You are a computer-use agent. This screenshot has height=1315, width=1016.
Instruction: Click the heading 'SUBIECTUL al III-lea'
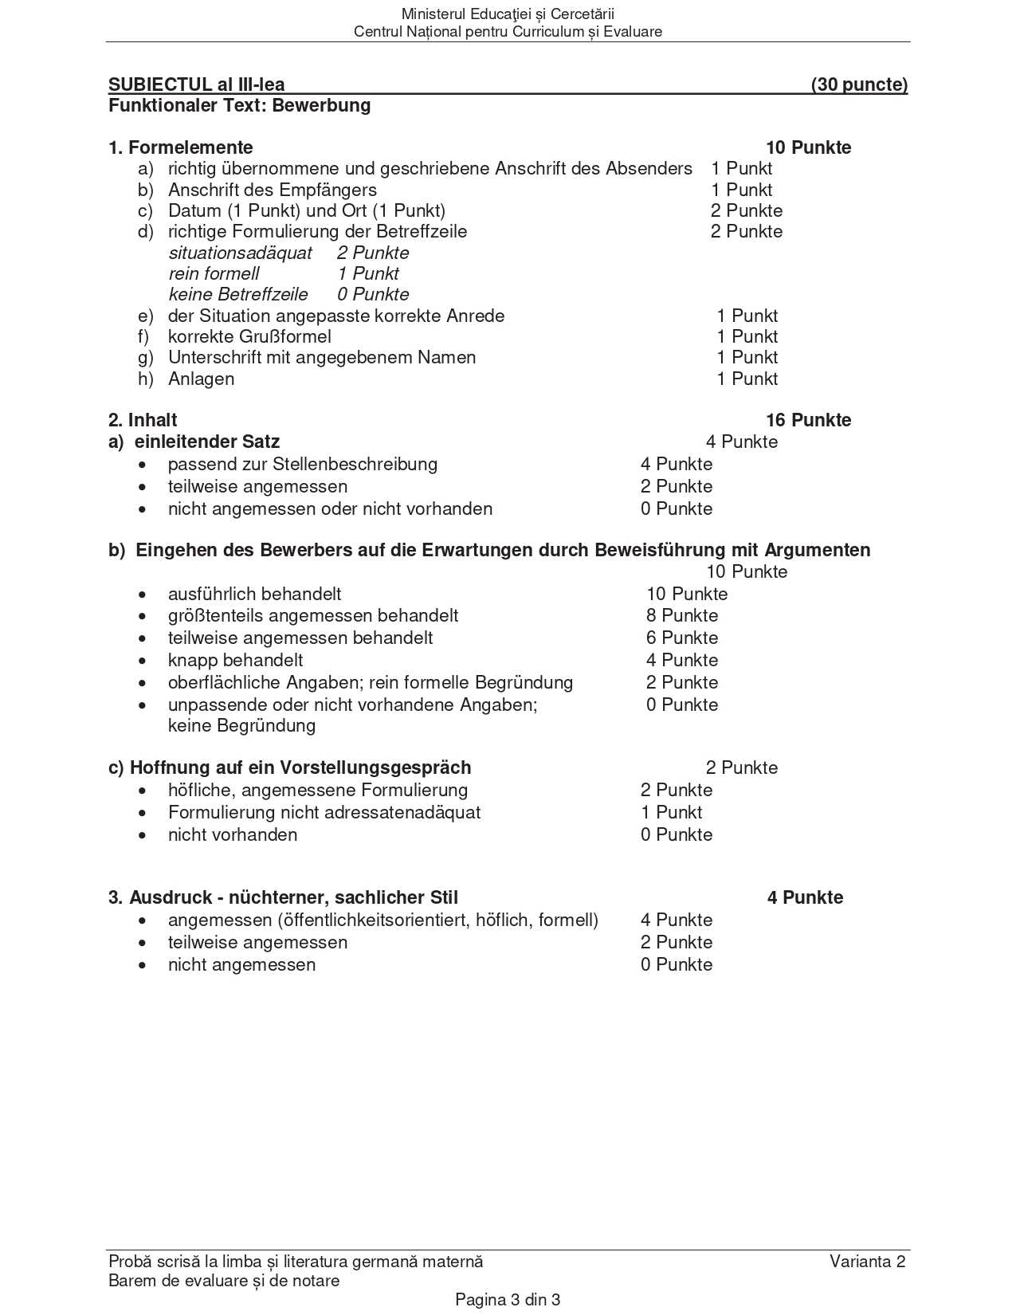[196, 85]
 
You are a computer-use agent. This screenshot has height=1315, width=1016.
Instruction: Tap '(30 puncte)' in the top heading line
[859, 85]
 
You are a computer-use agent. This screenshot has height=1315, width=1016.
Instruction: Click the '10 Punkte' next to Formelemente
[808, 148]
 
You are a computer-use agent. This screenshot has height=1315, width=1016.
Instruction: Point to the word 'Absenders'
[649, 169]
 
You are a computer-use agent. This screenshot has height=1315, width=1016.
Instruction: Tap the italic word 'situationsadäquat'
[241, 253]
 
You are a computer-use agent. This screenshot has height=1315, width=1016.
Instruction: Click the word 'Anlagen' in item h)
[201, 379]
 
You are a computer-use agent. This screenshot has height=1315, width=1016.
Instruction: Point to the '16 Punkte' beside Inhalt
[808, 421]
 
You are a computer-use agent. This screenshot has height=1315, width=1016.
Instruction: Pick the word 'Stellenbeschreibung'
[355, 465]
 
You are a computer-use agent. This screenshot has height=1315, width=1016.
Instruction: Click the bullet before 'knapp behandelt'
[143, 661]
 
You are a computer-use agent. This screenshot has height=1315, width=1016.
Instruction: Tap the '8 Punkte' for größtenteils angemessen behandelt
[682, 616]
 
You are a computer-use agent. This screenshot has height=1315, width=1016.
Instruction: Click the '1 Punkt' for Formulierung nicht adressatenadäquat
[671, 813]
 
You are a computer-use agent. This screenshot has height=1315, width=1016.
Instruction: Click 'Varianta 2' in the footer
[867, 1262]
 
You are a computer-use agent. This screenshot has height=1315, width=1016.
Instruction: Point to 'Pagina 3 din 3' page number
[508, 1300]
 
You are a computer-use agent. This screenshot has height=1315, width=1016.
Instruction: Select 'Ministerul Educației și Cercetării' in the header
[508, 14]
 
